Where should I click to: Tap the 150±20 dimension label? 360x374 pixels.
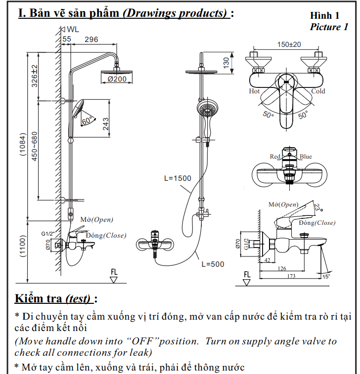[289, 44]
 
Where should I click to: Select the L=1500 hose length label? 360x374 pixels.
[178, 178]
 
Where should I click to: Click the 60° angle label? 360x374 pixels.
[87, 121]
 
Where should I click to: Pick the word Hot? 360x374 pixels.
[254, 91]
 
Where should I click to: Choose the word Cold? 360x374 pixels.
[318, 91]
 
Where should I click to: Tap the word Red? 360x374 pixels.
[275, 157]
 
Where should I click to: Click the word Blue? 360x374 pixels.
[306, 157]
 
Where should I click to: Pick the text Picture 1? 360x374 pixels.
[329, 27]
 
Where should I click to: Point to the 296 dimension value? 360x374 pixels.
[91, 39]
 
